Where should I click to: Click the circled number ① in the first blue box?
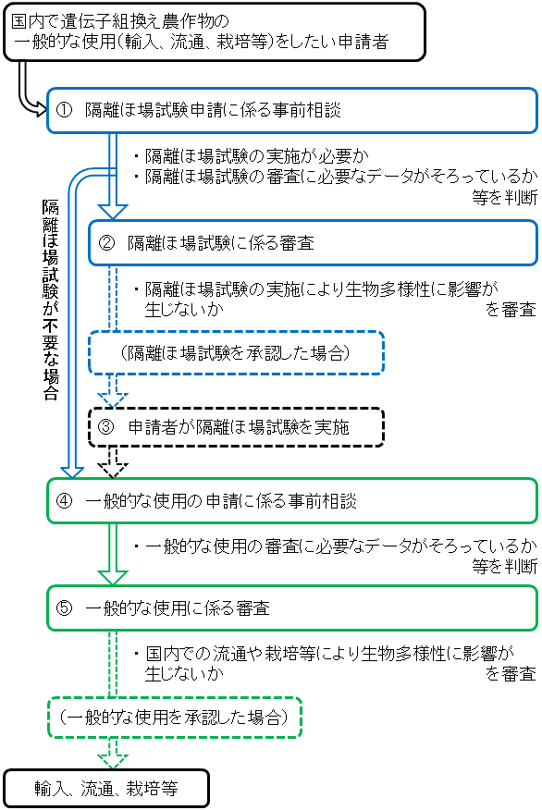point(64,110)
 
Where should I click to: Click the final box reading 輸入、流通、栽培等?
point(106,789)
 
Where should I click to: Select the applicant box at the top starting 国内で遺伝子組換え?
point(214,31)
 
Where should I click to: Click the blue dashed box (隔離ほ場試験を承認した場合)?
point(236,353)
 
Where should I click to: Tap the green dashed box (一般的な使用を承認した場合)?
point(175,717)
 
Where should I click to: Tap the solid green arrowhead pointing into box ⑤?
point(112,575)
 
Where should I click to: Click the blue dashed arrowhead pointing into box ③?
point(112,398)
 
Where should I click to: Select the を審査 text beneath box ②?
point(511,310)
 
